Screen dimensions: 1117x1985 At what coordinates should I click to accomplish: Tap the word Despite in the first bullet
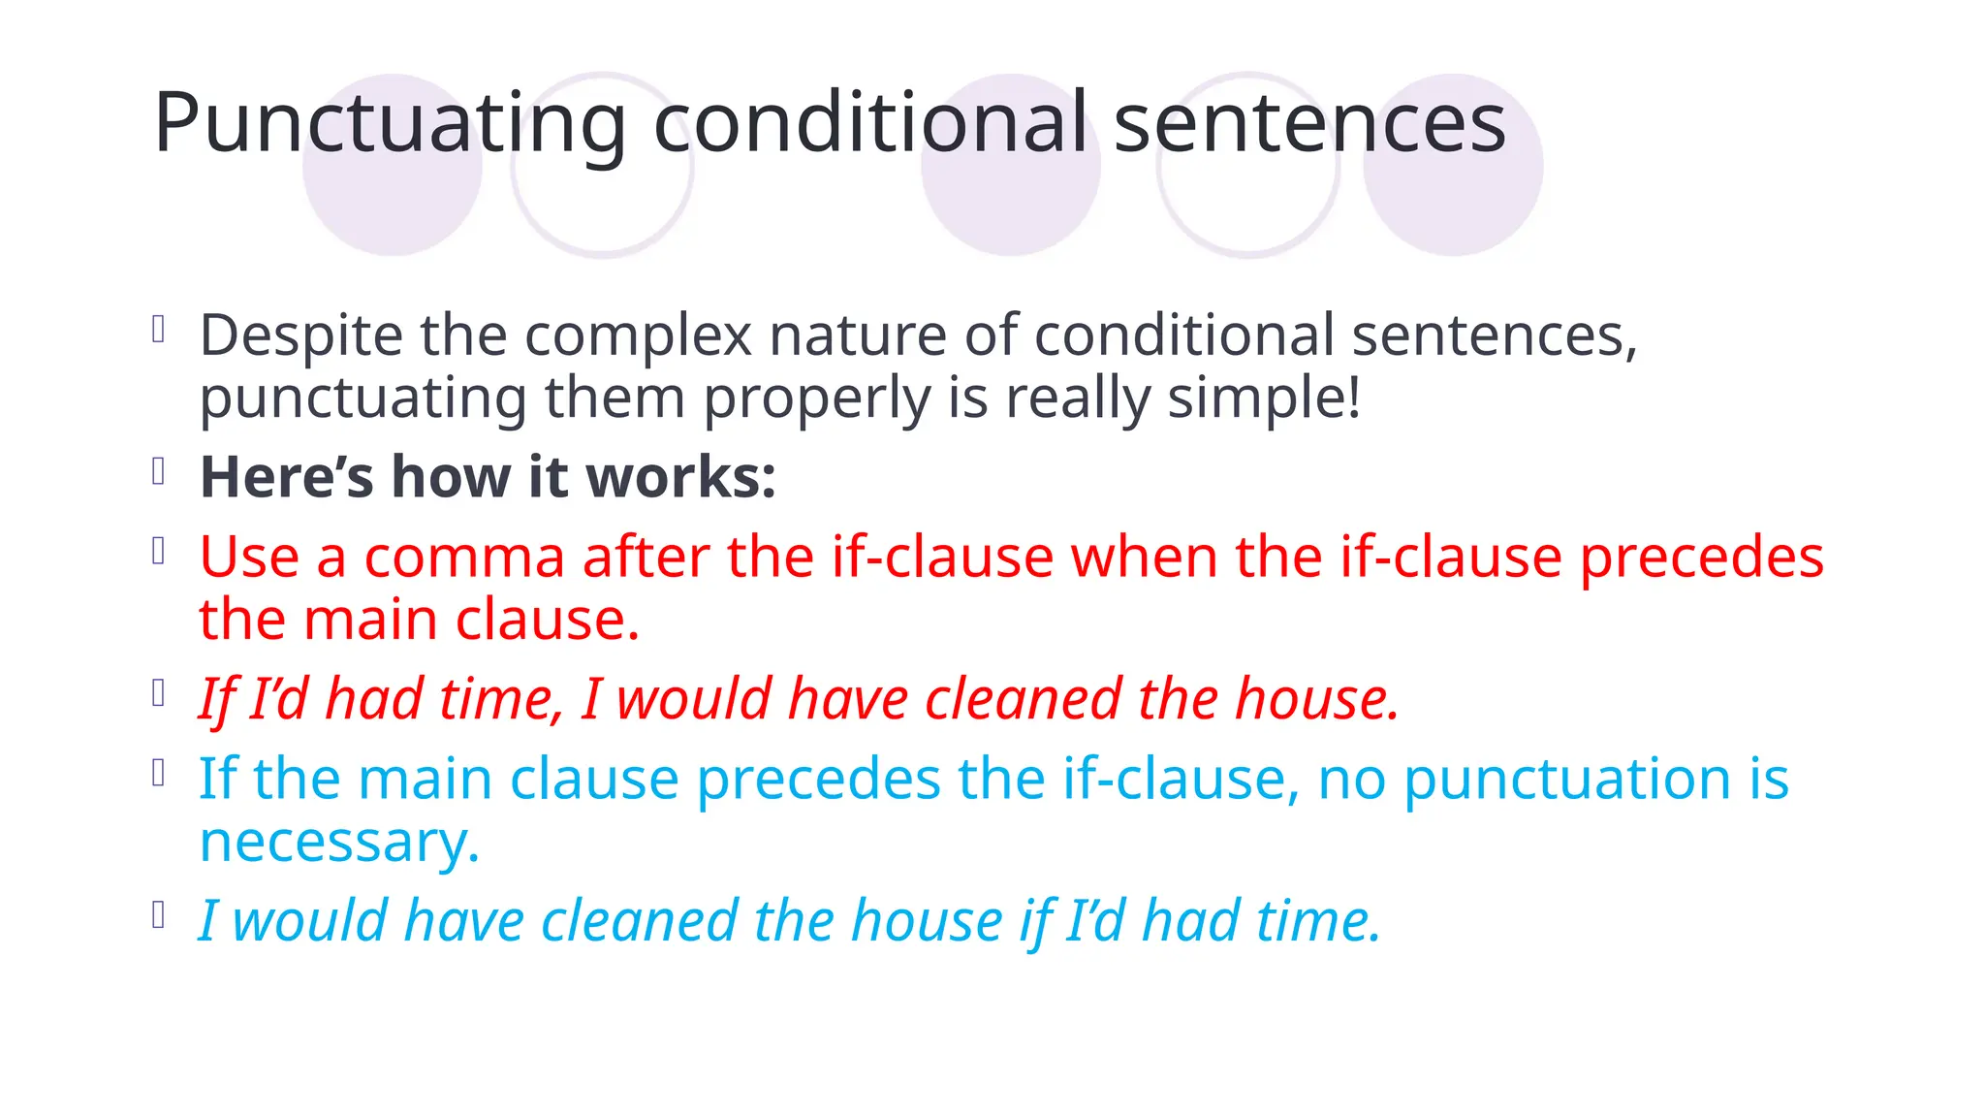[x=300, y=335]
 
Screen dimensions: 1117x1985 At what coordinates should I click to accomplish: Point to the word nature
[x=857, y=335]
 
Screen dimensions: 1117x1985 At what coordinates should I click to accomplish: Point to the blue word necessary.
[x=339, y=842]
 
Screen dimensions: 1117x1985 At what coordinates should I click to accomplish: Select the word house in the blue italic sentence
[x=926, y=921]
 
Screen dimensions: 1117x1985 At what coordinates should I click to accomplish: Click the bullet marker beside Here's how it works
[x=159, y=472]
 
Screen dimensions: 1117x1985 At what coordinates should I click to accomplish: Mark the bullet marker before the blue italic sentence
[x=159, y=915]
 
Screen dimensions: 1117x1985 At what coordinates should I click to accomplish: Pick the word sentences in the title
[x=1309, y=124]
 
